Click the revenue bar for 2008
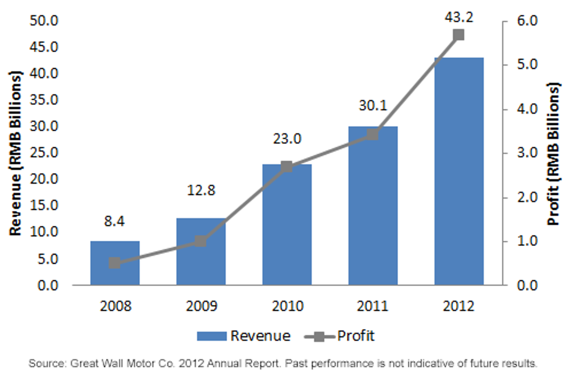click(x=115, y=263)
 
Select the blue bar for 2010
click(x=287, y=225)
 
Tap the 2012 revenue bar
click(x=459, y=171)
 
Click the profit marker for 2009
click(x=201, y=241)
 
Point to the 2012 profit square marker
click(x=459, y=35)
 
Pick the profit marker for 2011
click(x=372, y=135)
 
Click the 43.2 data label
click(x=459, y=17)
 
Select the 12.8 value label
click(x=201, y=191)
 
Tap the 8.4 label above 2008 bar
click(x=114, y=221)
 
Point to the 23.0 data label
click(x=287, y=139)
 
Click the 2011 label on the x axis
click(x=372, y=306)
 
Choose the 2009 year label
click(x=202, y=306)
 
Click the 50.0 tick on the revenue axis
click(x=44, y=21)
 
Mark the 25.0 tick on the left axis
click(x=44, y=153)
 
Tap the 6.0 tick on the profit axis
click(x=527, y=21)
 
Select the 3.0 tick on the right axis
click(x=527, y=153)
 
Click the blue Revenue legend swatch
click(x=212, y=336)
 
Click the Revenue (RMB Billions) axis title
click(x=15, y=153)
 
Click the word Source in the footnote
click(x=48, y=364)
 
